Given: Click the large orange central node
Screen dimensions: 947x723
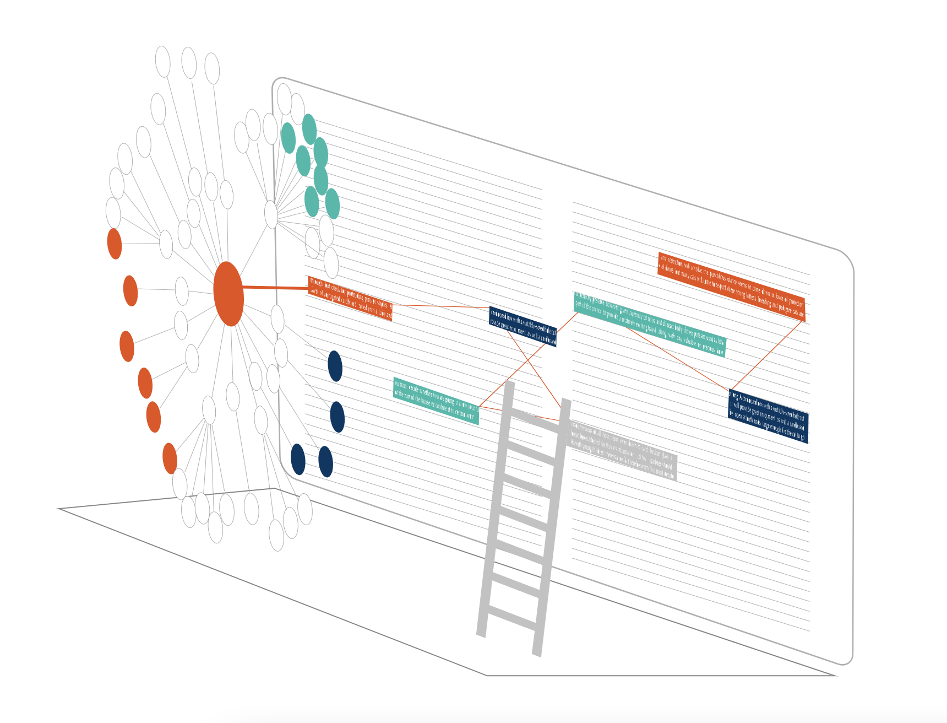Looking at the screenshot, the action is click(228, 294).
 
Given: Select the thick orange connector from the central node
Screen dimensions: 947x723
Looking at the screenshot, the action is click(275, 287).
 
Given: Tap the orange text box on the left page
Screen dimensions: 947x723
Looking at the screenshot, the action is click(350, 298).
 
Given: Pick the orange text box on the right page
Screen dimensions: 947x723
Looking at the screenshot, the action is click(731, 287).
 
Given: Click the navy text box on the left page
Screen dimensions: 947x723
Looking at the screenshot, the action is click(523, 327).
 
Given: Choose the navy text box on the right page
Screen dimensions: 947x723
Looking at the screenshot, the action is click(768, 416).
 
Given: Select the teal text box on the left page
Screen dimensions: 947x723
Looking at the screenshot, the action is click(436, 401).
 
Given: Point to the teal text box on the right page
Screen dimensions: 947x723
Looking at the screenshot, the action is click(650, 325).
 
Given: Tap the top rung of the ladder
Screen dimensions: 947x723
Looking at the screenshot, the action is click(537, 422).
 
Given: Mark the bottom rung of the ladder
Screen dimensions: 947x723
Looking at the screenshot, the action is click(512, 618).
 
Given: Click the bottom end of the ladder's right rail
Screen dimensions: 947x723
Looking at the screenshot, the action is click(537, 654).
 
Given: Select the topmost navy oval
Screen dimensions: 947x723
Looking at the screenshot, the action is click(335, 366).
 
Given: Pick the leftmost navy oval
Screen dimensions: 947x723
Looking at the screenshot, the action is click(298, 459).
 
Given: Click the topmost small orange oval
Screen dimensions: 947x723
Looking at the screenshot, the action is click(115, 244).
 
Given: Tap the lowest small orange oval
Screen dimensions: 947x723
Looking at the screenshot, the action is click(170, 458).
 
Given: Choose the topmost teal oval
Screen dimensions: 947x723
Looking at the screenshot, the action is click(309, 129).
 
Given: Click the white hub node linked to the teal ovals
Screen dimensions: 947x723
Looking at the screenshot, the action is click(271, 214).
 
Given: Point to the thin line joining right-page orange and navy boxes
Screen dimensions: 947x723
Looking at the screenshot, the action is click(766, 356).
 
